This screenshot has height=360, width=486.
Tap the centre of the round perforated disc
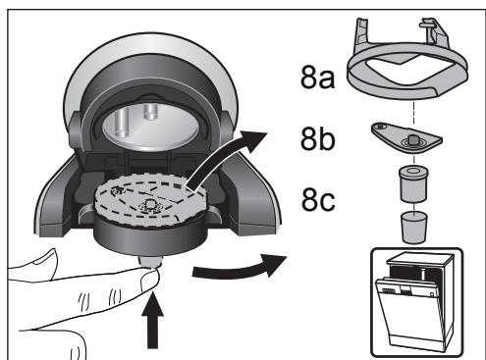[x=148, y=207]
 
